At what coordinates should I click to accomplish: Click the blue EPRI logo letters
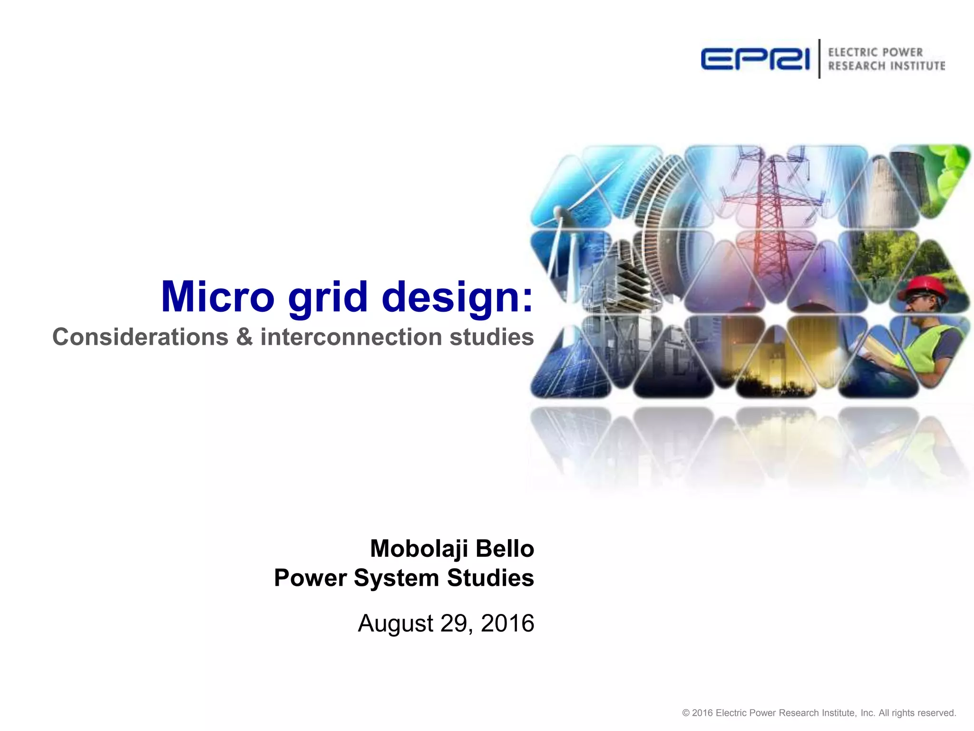[755, 59]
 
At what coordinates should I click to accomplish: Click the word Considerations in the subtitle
[140, 337]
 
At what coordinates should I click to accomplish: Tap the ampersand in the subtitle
[244, 337]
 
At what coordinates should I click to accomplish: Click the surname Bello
[505, 548]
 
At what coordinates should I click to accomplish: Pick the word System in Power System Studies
[396, 579]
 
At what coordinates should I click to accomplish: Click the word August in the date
[396, 624]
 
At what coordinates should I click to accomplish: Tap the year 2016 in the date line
[507, 623]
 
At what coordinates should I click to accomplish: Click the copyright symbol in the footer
[686, 713]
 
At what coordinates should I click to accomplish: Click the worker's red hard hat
[923, 287]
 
